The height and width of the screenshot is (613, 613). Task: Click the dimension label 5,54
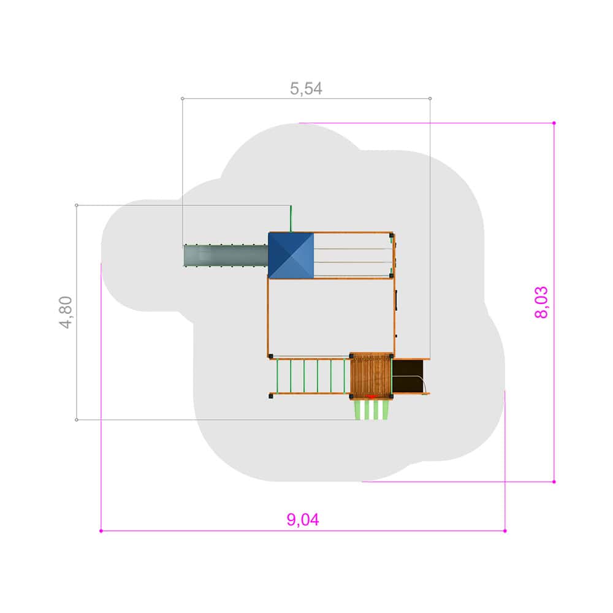pos(306,89)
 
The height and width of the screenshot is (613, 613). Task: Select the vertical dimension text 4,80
pos(66,313)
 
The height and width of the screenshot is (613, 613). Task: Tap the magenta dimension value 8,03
pos(541,302)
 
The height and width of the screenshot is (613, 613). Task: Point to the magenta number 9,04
pos(303,520)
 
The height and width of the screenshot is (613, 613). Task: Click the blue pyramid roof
pos(291,256)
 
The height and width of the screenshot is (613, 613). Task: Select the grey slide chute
pos(226,256)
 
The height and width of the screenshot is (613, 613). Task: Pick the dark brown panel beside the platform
pos(408,376)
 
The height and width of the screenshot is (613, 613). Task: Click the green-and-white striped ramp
pos(371,409)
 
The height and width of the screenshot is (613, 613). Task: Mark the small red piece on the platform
pos(371,397)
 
